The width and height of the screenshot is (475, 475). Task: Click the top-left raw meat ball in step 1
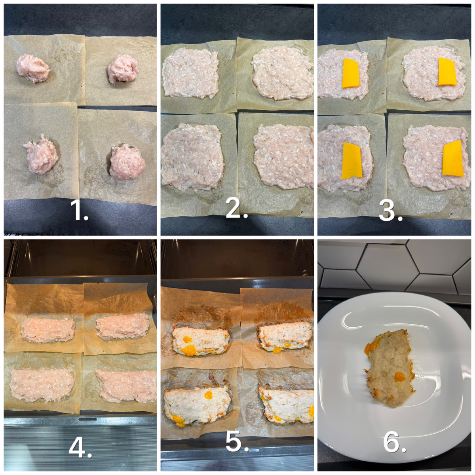[33, 68]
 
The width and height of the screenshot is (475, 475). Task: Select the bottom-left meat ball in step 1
[41, 154]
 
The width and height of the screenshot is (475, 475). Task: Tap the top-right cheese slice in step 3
[447, 72]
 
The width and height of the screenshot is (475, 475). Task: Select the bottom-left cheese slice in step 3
[352, 160]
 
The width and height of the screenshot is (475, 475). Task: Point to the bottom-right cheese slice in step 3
[453, 158]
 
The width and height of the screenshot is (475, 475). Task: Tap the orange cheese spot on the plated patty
[400, 377]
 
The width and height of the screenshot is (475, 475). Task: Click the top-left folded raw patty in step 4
[48, 331]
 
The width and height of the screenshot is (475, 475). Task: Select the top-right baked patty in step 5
[285, 337]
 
